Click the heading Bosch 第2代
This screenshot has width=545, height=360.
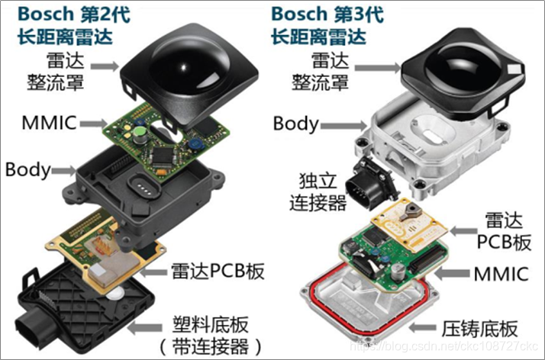click(x=74, y=14)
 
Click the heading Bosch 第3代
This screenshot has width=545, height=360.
click(x=327, y=14)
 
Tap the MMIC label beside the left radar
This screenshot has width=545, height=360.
click(x=49, y=123)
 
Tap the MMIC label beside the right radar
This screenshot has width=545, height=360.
click(x=501, y=274)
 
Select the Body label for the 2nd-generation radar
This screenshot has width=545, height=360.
click(x=28, y=170)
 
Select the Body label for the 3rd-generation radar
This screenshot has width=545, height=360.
click(x=296, y=124)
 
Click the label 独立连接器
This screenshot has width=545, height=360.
click(x=318, y=191)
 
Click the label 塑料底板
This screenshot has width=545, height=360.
click(x=210, y=325)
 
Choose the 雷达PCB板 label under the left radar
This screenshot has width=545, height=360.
click(x=218, y=271)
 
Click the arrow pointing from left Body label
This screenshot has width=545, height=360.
click(x=63, y=170)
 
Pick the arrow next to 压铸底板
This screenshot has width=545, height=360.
click(x=422, y=327)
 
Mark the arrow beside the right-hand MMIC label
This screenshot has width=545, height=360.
click(x=453, y=273)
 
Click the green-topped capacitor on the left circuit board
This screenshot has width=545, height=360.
click(x=140, y=135)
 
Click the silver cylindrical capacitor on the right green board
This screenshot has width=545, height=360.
click(x=398, y=272)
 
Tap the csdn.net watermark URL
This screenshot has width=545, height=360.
click(x=443, y=346)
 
